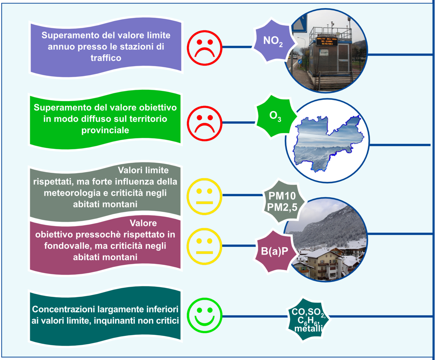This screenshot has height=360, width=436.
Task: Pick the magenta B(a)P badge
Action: pyautogui.click(x=275, y=251)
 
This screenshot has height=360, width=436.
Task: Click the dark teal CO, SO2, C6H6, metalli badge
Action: pyautogui.click(x=308, y=319)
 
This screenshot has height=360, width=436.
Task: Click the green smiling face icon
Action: pyautogui.click(x=204, y=315)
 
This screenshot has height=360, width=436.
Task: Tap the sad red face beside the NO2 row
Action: pyautogui.click(x=204, y=48)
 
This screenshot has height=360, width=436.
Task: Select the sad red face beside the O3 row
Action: pyautogui.click(x=204, y=123)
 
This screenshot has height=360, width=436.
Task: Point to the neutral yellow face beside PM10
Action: pyautogui.click(x=204, y=197)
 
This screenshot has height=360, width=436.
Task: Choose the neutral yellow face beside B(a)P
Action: pyautogui.click(x=204, y=246)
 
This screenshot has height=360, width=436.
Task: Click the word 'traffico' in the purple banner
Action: pyautogui.click(x=106, y=58)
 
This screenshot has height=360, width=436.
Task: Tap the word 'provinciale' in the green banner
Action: pyautogui.click(x=105, y=130)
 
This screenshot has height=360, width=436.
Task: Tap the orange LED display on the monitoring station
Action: pyautogui.click(x=327, y=41)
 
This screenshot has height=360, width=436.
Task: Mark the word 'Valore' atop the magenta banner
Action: pyautogui.click(x=143, y=223)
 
